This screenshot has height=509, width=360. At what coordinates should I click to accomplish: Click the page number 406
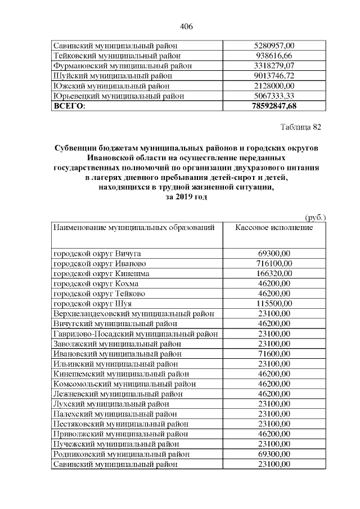pos(186,26)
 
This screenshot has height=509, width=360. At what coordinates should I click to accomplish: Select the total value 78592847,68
pos(274,106)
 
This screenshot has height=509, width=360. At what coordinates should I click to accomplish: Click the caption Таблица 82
pos(301,127)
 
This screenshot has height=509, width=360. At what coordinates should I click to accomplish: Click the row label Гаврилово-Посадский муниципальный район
pos(136,334)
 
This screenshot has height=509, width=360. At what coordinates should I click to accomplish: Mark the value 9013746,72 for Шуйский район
pos(274,75)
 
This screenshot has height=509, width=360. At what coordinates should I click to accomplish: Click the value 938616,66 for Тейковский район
pos(274,55)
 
